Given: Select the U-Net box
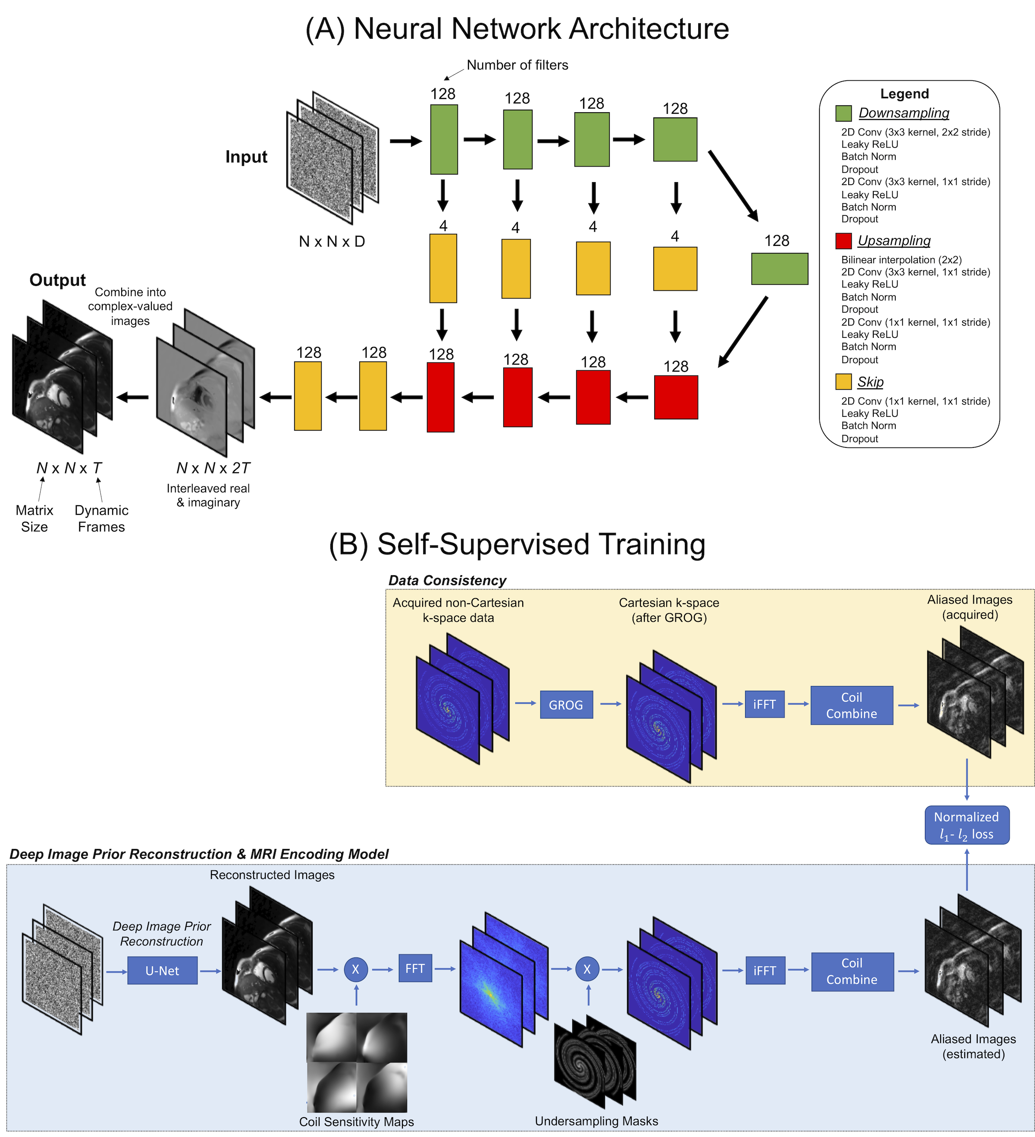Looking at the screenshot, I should point(162,970).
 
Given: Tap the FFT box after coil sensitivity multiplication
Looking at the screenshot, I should point(415,968).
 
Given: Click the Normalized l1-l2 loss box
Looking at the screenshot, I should point(966,825).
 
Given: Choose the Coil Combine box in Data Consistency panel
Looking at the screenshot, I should point(851,705).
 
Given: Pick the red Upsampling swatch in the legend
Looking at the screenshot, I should point(844,241).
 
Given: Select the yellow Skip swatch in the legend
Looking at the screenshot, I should point(844,382).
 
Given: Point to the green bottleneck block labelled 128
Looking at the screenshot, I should point(779,268).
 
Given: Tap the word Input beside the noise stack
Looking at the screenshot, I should point(246,156).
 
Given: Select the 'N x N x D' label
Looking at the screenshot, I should point(332,241).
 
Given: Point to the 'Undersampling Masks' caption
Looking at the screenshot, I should point(596,1121).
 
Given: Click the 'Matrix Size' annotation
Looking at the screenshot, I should point(34,518).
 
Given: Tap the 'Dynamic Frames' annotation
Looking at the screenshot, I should point(101,518).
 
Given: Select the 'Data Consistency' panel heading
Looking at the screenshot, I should point(447,580).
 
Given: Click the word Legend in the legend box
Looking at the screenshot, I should point(904,94).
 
